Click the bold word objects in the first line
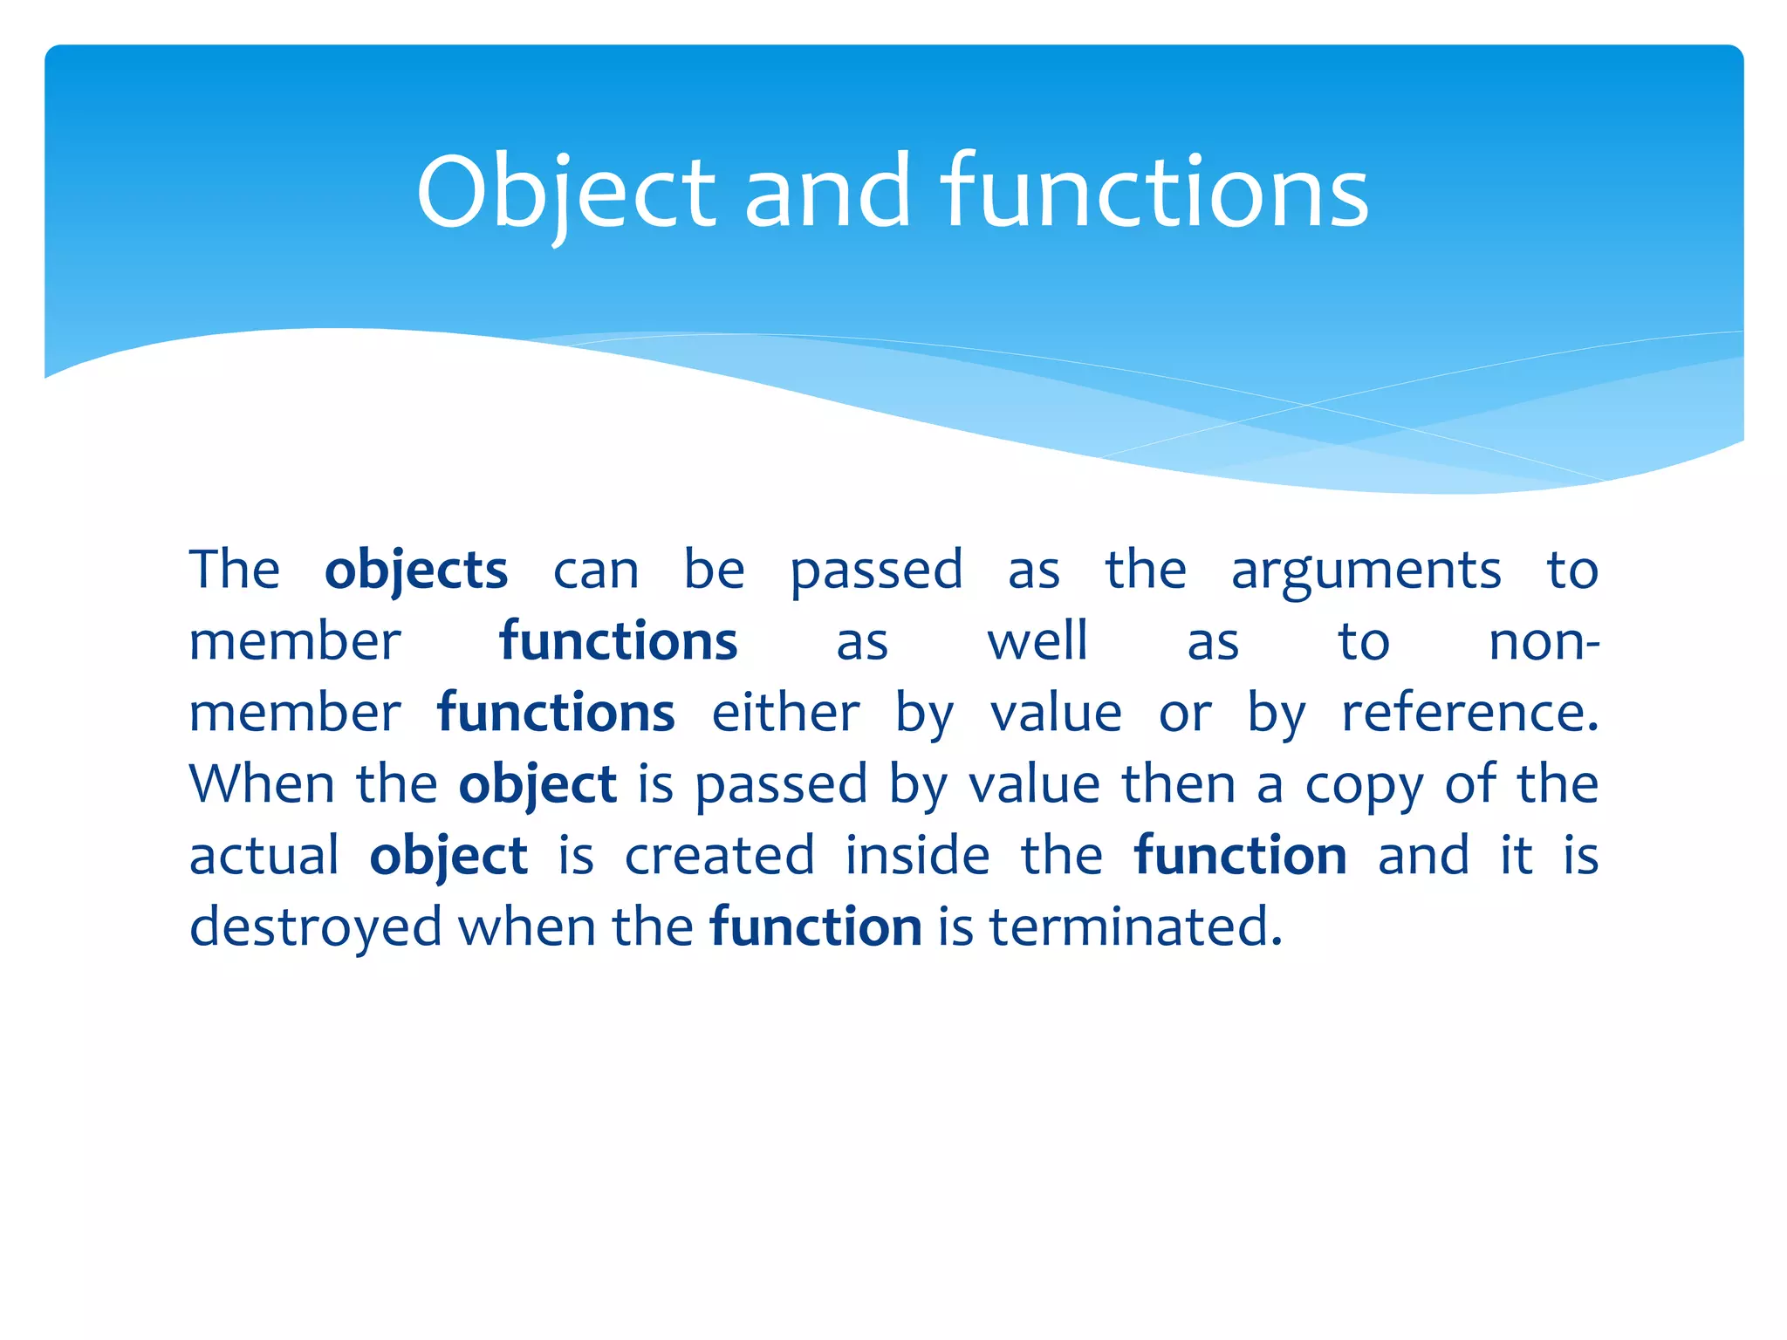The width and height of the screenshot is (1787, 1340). point(416,571)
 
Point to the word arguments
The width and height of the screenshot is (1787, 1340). point(1366,571)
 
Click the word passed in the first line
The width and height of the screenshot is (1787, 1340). point(876,571)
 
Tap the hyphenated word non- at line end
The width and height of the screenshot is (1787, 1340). point(1544,642)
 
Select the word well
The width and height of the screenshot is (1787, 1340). point(1037,642)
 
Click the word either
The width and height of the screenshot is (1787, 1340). point(785,713)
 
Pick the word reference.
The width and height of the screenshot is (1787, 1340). point(1469,713)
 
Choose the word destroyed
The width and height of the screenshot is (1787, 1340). point(315,926)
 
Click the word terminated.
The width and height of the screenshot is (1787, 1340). point(1135,926)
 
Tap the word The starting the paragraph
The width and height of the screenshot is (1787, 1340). point(234,571)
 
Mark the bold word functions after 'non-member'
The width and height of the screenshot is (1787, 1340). point(556,713)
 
